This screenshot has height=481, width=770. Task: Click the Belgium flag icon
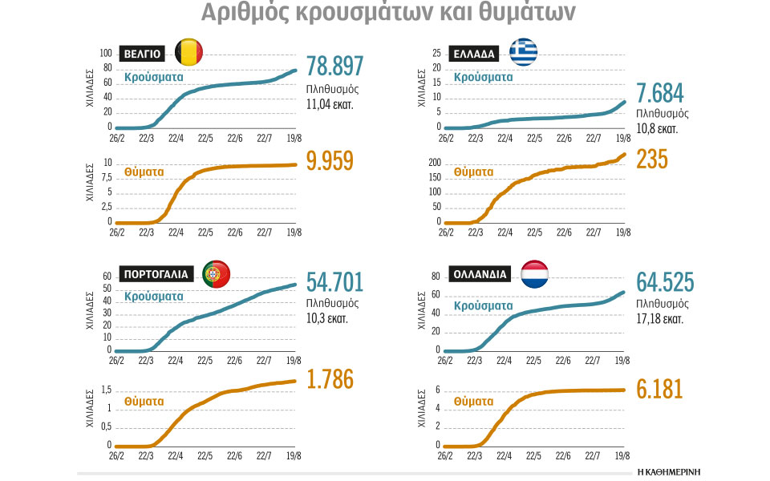point(188,53)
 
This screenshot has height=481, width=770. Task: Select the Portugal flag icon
point(216,274)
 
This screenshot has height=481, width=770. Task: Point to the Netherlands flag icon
point(534,273)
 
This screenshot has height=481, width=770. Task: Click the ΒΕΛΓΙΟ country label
point(144,54)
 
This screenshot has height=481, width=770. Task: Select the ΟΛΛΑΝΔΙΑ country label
point(482,274)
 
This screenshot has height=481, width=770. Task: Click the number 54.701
point(335,282)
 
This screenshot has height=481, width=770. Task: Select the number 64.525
point(665,283)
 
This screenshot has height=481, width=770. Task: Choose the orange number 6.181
point(659,390)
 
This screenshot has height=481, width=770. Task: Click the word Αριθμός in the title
point(245,14)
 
